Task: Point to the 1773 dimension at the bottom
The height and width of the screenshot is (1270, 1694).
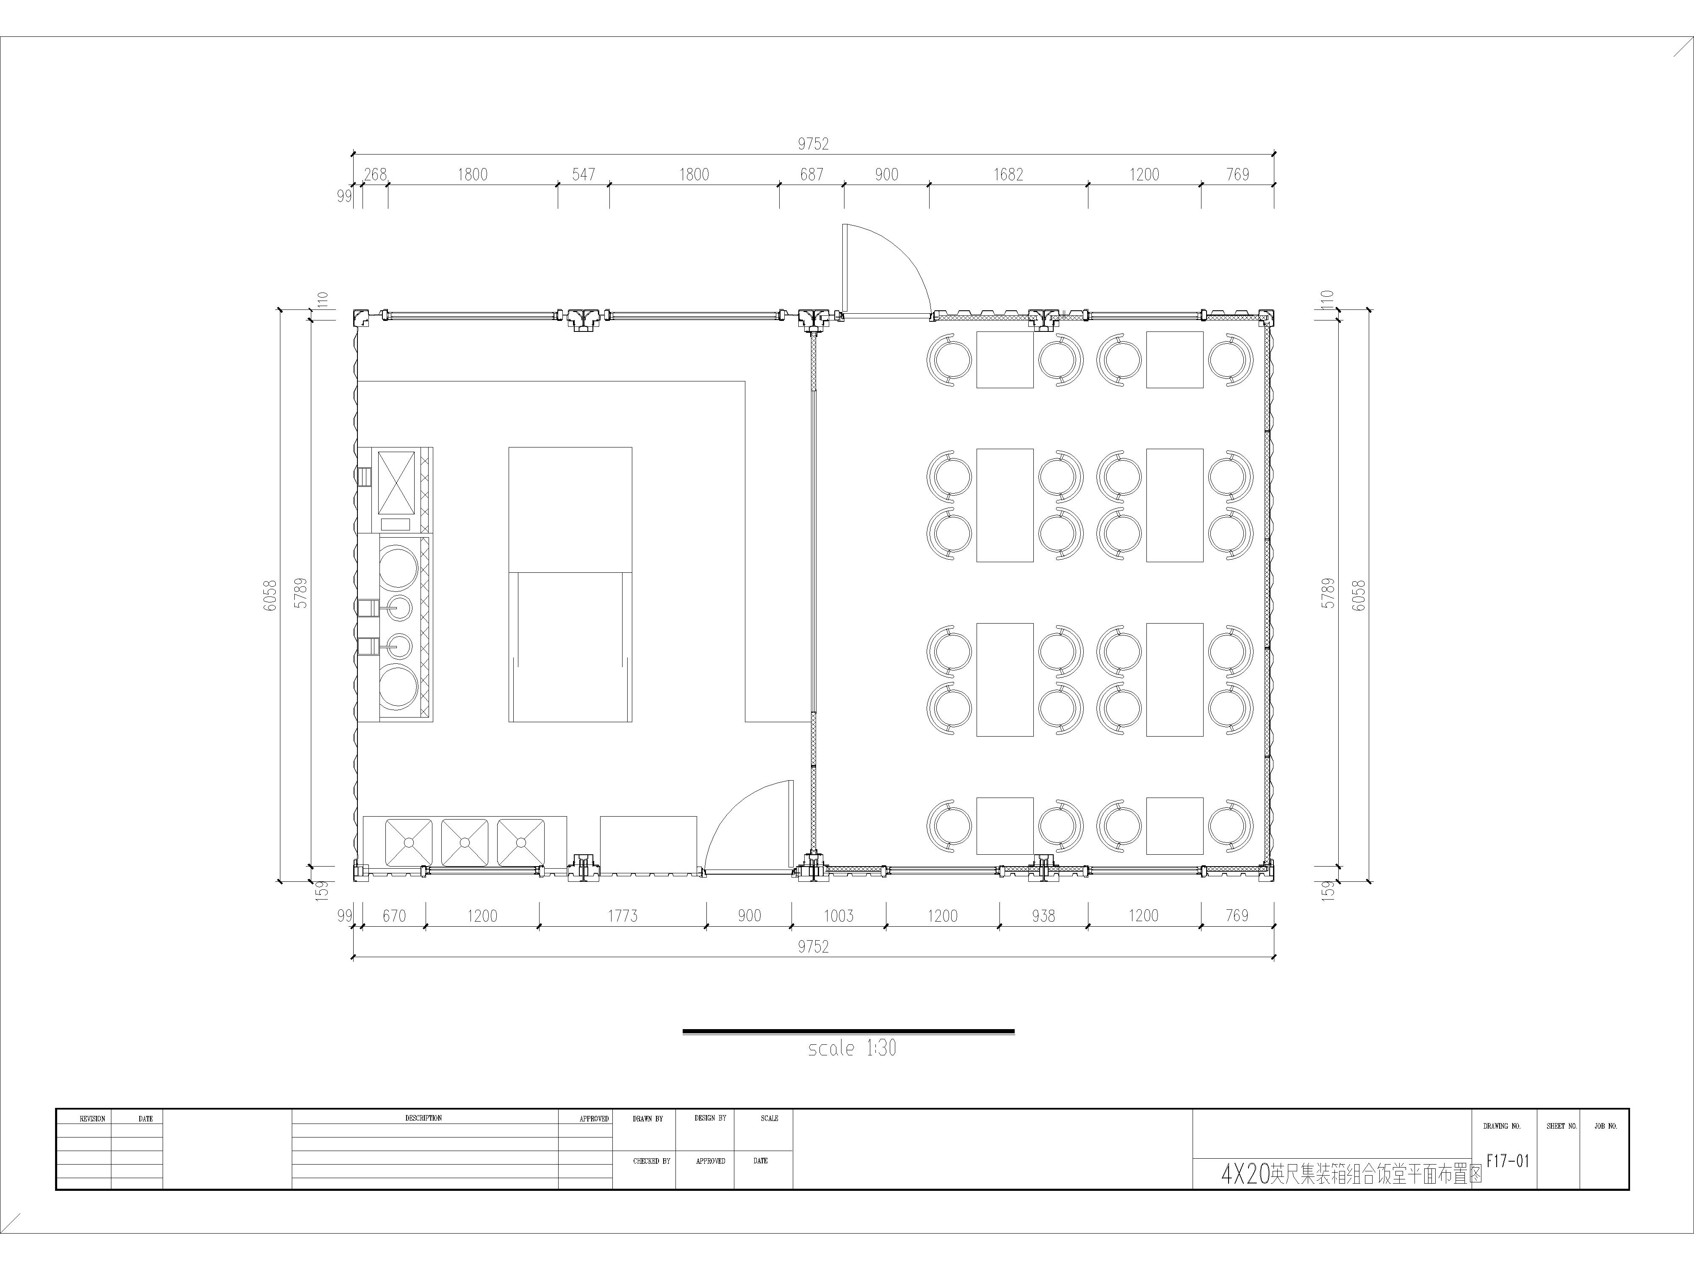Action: (623, 916)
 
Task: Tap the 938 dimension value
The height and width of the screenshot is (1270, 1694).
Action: (1043, 916)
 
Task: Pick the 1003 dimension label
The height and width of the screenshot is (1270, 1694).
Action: (839, 916)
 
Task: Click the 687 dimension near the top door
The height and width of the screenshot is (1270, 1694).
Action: (812, 174)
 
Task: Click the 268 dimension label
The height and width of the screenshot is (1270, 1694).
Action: (375, 174)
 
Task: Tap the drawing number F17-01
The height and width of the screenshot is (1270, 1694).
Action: (1507, 1160)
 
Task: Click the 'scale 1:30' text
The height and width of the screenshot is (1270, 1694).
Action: (852, 1048)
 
